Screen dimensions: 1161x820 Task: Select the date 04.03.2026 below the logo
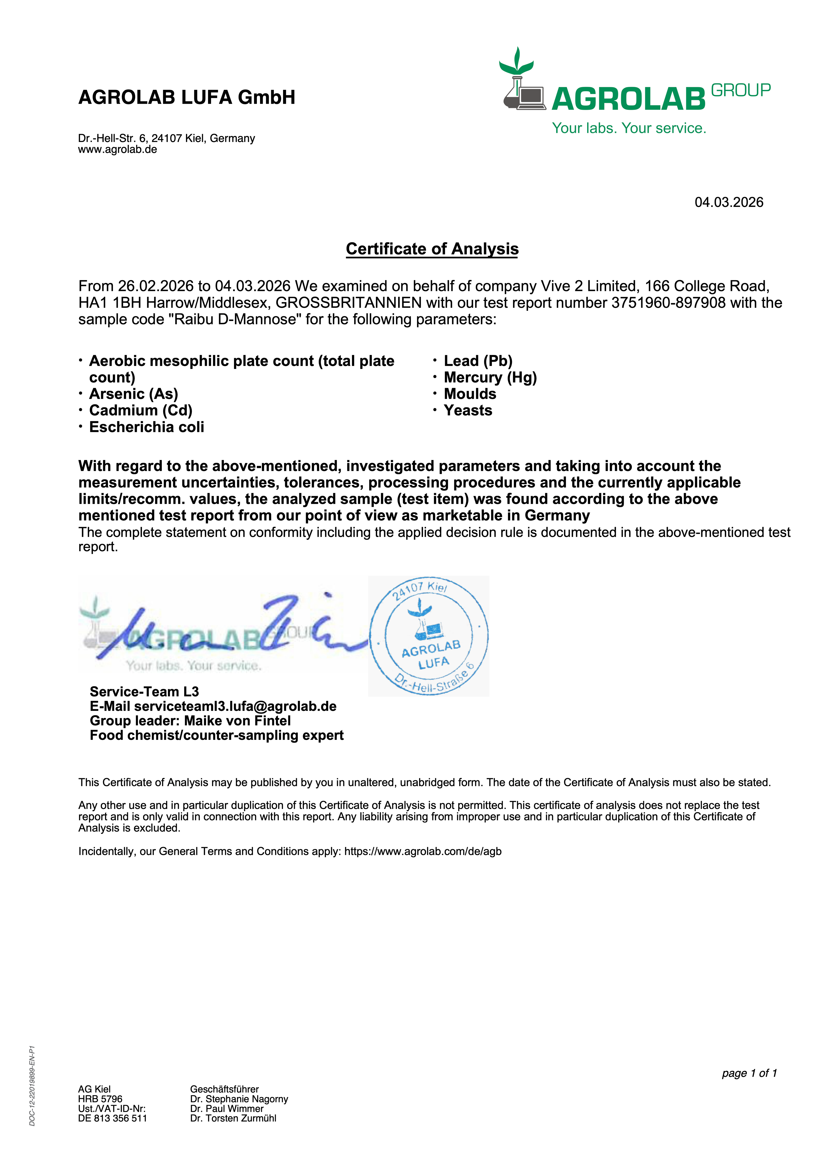coord(729,202)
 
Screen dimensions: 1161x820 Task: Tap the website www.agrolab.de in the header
coord(117,150)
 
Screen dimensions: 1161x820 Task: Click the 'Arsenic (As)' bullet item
coord(134,394)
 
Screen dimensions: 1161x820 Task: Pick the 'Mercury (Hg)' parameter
coord(490,377)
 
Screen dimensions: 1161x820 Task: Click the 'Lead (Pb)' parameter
coord(478,361)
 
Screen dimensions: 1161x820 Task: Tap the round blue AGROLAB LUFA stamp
coord(429,636)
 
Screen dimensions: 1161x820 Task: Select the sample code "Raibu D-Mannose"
coord(235,320)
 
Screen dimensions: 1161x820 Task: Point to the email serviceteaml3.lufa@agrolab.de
coord(235,706)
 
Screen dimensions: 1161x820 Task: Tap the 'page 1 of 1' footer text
coord(749,1073)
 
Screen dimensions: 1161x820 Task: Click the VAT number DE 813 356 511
coord(112,1118)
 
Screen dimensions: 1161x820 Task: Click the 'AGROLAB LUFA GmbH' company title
coord(187,97)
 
